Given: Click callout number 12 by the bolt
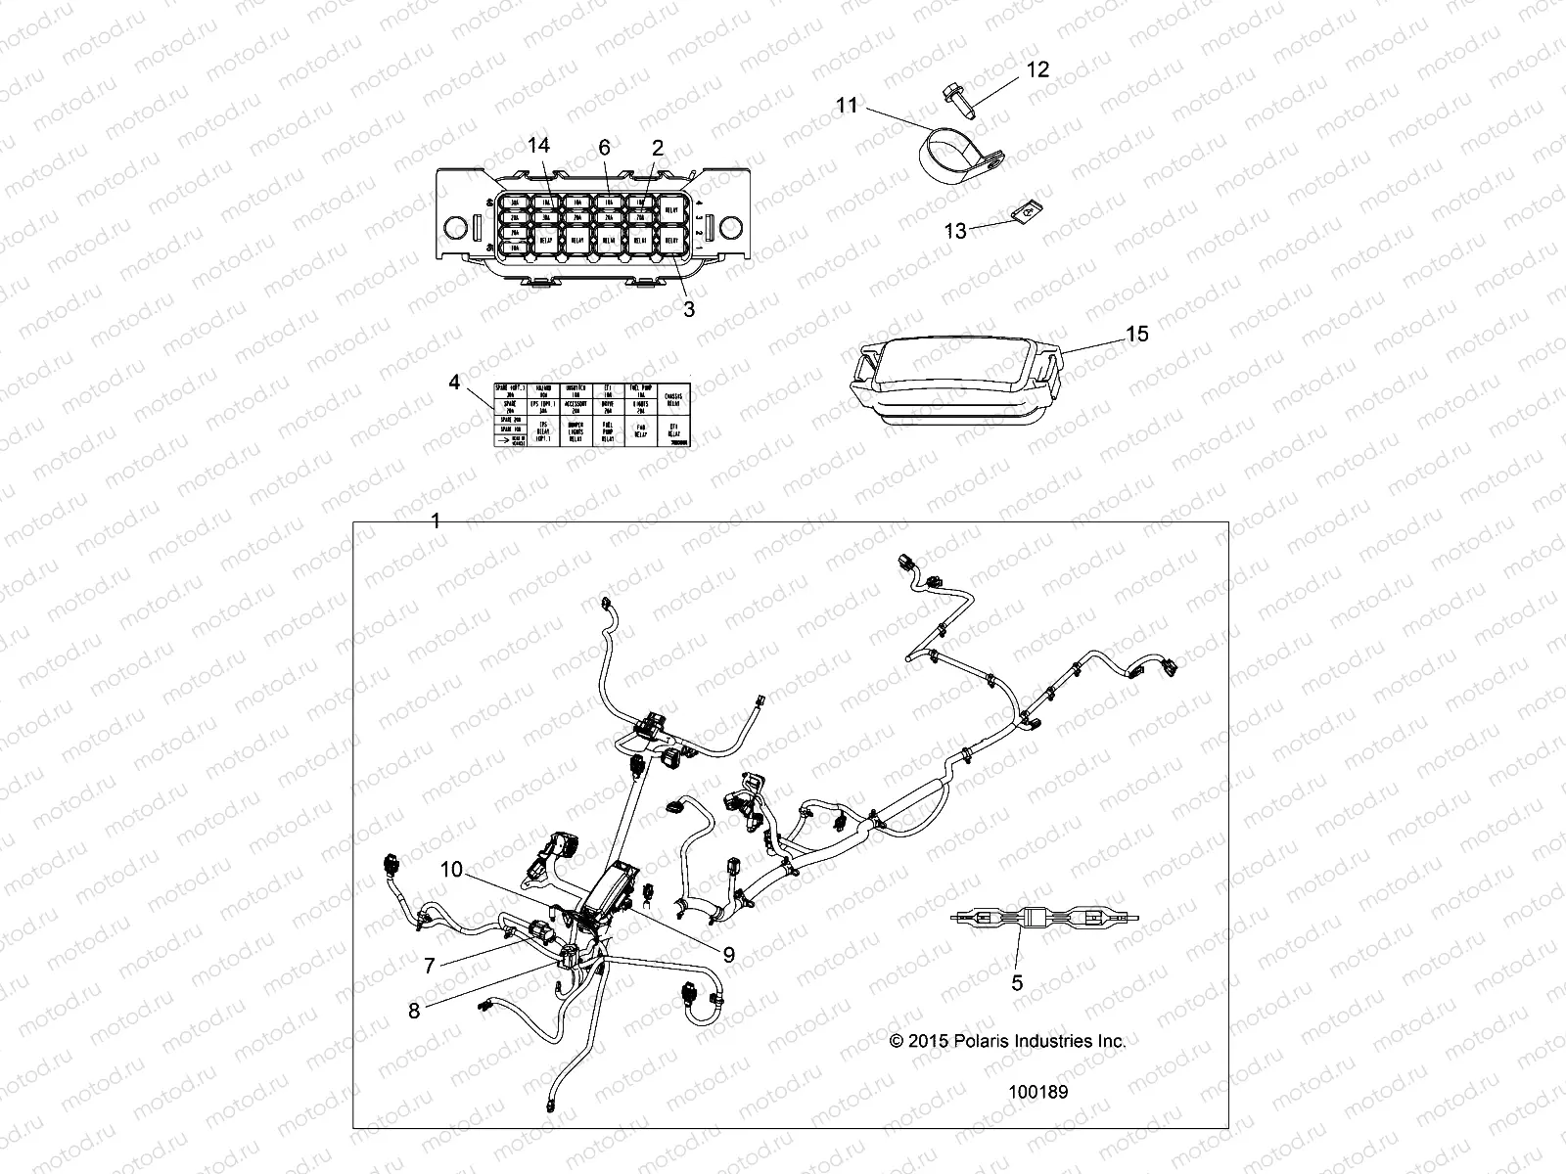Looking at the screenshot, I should (x=1037, y=69).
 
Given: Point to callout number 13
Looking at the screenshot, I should (x=955, y=231).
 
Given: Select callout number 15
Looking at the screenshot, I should (x=1136, y=334).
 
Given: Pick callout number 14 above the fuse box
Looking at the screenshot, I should (x=538, y=146).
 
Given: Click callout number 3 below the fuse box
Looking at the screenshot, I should (x=688, y=310).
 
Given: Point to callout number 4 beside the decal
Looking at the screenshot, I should (x=454, y=382).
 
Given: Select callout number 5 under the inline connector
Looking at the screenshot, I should (x=1017, y=982).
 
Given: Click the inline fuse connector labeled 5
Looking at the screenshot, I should (x=1043, y=919).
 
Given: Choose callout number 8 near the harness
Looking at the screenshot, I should (x=414, y=1011).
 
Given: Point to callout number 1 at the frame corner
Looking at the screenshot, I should (x=436, y=521).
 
